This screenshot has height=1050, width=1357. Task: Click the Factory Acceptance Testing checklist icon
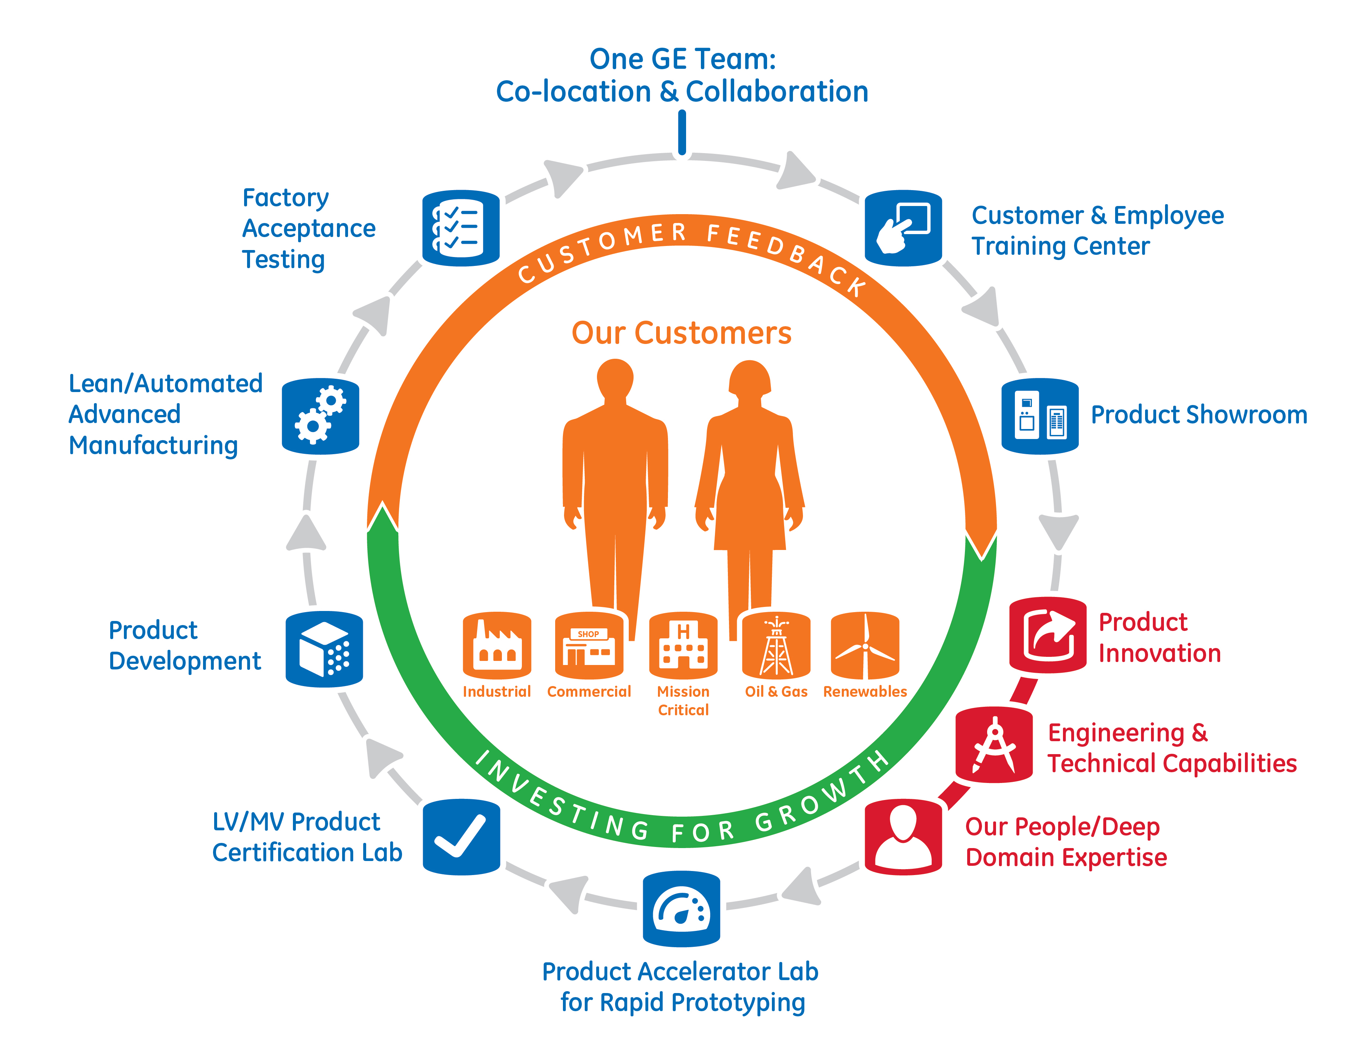click(460, 228)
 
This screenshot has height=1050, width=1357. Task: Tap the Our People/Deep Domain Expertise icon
click(904, 837)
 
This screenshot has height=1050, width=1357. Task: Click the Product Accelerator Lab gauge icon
click(682, 908)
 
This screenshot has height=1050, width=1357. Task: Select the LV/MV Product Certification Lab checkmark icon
click(461, 837)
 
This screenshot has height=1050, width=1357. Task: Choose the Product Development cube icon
click(324, 649)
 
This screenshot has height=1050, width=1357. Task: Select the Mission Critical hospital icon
click(683, 645)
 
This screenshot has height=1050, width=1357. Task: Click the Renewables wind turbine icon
click(865, 645)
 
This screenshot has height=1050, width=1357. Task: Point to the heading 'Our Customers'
click(682, 333)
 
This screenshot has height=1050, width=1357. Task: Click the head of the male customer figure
click(615, 379)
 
